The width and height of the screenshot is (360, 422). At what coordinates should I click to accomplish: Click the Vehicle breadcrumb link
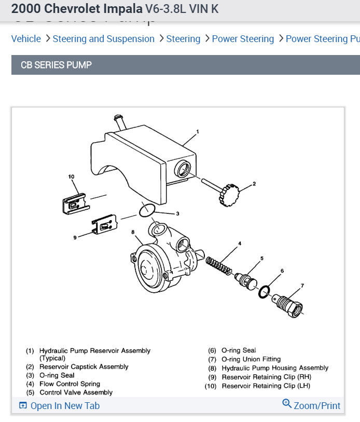point(26,39)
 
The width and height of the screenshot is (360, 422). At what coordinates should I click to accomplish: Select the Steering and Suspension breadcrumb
point(103,39)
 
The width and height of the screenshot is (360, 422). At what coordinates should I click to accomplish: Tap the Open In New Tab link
point(64,406)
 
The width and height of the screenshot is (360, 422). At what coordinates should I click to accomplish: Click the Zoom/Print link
point(316,405)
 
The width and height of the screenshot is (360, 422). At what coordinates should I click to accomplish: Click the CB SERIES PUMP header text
point(56,65)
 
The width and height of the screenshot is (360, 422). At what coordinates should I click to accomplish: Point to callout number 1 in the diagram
point(198,132)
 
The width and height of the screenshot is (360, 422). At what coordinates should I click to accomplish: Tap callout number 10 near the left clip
point(71,177)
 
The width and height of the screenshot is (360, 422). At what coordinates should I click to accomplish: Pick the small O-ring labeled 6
point(265,292)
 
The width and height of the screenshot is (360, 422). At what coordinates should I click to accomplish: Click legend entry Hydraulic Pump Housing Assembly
point(275,368)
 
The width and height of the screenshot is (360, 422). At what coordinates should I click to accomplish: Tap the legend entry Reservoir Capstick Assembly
point(84,367)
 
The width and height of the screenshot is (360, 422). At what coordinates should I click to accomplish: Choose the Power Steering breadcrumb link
point(243,39)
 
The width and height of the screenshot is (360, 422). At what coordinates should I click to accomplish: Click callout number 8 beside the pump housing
point(133,232)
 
